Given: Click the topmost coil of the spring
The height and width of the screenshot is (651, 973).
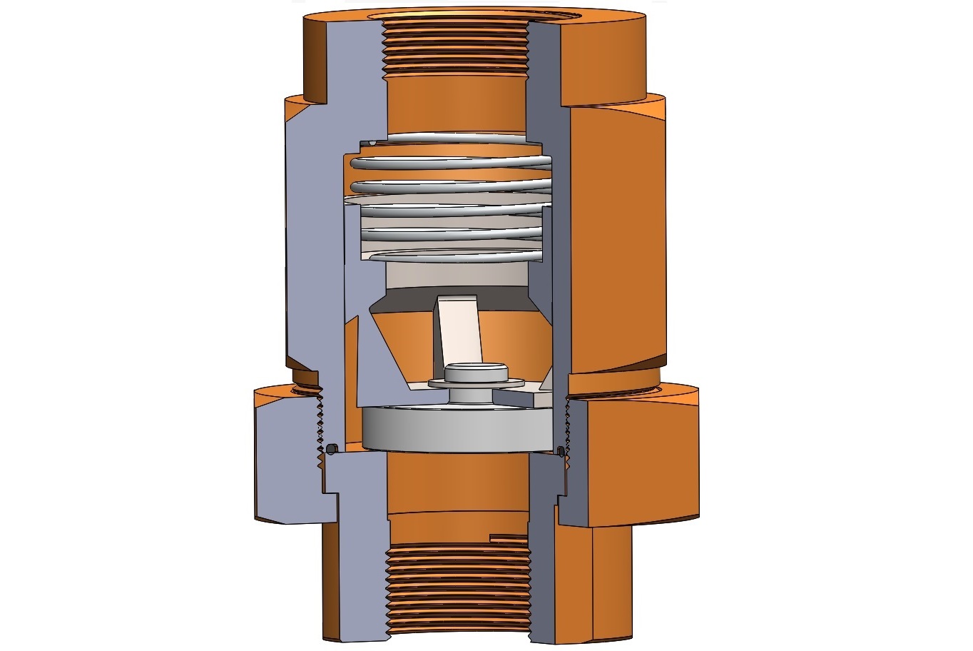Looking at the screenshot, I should coord(457,137).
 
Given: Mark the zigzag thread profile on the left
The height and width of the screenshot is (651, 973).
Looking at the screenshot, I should coord(319,421).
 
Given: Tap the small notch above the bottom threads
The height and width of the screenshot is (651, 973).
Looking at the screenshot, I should coord(508,535).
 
